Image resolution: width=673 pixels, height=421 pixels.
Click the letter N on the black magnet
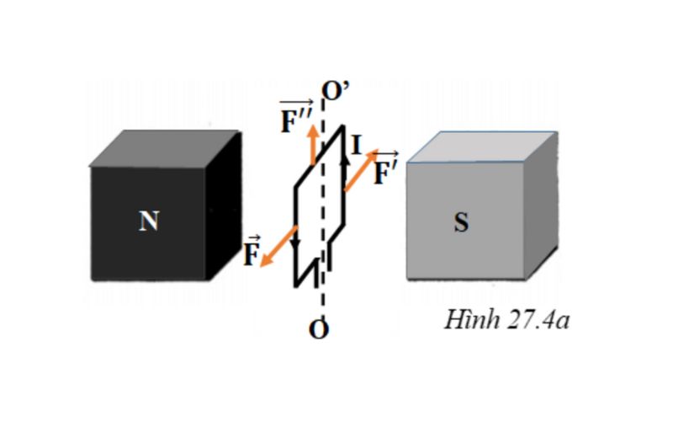pos(149,221)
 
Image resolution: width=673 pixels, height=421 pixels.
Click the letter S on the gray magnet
pos(461,223)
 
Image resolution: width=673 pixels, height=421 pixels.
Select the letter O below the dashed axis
pos(318,329)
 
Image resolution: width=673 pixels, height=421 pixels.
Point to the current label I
pos(357,145)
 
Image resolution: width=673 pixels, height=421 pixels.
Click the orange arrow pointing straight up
pos(313,143)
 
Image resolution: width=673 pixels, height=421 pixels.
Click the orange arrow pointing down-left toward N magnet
pos(278,247)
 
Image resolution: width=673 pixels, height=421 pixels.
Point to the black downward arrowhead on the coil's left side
pos(295,243)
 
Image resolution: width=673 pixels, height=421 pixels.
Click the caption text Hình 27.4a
pos(507,320)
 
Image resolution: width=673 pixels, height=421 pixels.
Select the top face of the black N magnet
pos(160,149)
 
